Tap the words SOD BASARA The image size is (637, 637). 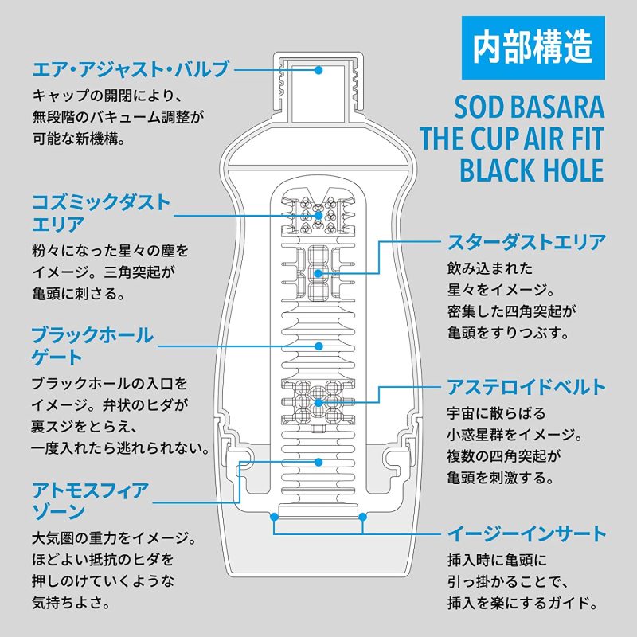pyautogui.click(x=529, y=107)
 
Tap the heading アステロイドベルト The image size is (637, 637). pyautogui.click(x=521, y=388)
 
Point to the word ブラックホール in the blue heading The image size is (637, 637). pyautogui.click(x=92, y=334)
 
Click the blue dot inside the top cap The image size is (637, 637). pyautogui.click(x=318, y=70)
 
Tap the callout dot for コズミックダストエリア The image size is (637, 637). pyautogui.click(x=318, y=215)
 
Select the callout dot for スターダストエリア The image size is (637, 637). pyautogui.click(x=318, y=273)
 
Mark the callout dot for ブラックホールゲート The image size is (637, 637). pyautogui.click(x=318, y=346)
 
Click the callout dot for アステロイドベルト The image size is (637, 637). pyautogui.click(x=318, y=403)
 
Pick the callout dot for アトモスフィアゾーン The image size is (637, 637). pyautogui.click(x=318, y=461)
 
